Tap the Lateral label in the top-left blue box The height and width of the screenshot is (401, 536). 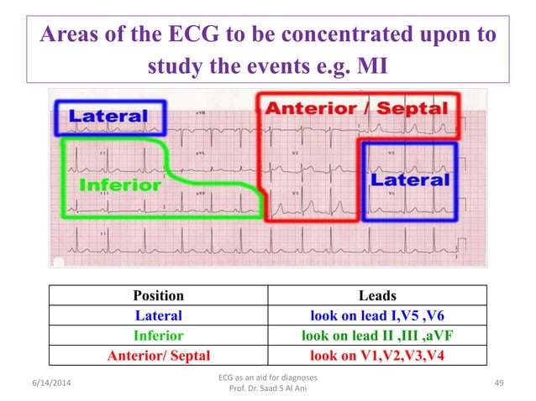coord(108,117)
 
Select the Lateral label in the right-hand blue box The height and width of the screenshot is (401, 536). coord(411,180)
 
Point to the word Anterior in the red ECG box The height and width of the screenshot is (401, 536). coord(311,108)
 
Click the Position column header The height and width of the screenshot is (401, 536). coord(159,295)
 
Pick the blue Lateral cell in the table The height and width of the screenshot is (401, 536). coord(159,315)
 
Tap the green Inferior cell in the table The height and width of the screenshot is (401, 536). coord(159,335)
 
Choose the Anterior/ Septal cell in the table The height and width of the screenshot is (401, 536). coord(159,354)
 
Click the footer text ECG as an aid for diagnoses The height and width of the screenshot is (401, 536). coord(266,378)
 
